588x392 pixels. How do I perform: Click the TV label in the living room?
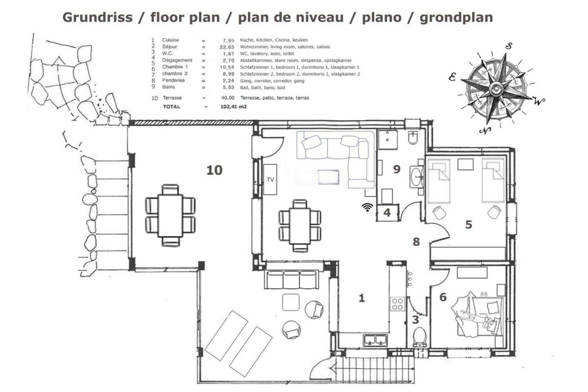270,180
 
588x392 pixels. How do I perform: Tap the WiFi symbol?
367,207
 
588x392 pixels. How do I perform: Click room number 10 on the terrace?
214,170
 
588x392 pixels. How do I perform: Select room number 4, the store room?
387,213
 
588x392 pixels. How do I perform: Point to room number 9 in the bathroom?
397,169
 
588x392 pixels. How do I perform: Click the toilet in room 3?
419,337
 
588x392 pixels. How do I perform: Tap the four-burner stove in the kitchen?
397,304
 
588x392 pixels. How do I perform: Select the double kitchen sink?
375,339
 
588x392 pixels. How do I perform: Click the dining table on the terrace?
170,215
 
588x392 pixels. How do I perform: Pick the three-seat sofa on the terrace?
292,279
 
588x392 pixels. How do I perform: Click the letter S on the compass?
509,46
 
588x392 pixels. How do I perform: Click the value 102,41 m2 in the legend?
234,107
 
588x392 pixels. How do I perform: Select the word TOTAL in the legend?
172,107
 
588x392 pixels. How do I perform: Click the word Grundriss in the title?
98,18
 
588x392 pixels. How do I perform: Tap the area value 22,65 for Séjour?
227,47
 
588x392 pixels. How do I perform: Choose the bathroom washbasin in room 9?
417,177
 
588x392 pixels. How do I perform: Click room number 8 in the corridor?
416,242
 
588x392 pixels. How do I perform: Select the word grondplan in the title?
456,18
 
